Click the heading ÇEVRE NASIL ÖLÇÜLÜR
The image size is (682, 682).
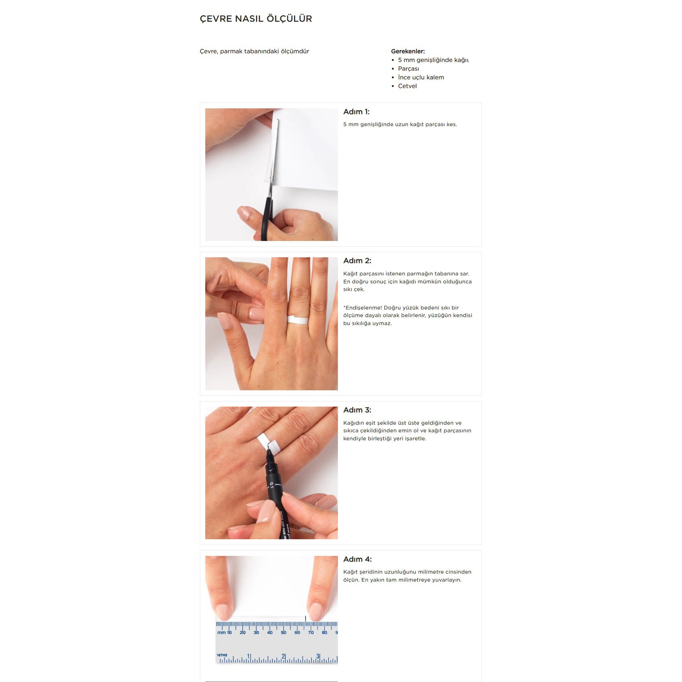click(x=256, y=19)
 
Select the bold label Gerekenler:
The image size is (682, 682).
click(x=408, y=51)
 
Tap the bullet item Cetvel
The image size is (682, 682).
click(x=407, y=86)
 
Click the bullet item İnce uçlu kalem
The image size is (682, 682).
click(x=421, y=77)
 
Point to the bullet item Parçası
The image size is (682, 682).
click(x=409, y=69)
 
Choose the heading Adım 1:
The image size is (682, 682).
click(x=356, y=112)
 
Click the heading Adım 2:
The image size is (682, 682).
click(x=357, y=261)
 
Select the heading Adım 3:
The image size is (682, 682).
click(x=357, y=410)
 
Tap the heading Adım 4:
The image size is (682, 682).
click(x=357, y=559)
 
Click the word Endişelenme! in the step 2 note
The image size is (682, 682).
click(x=362, y=308)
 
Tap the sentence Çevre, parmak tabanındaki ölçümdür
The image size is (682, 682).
click(x=254, y=51)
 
